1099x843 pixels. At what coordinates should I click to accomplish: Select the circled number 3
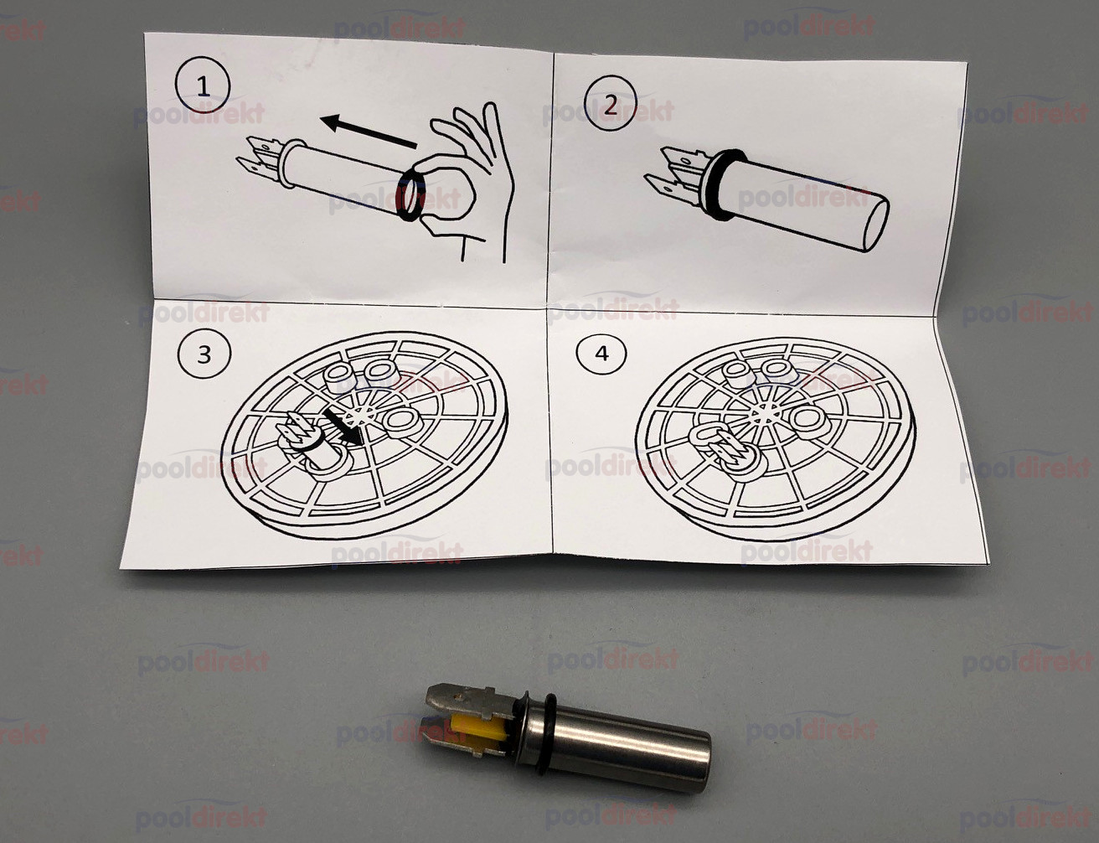(204, 354)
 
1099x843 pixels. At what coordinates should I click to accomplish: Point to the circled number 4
(601, 354)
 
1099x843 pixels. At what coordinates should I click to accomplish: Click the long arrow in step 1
(369, 131)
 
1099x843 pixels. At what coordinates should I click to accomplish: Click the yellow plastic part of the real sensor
(477, 732)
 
